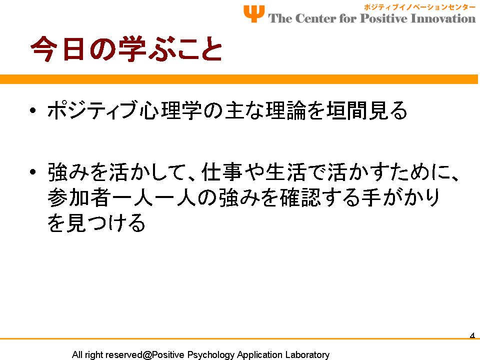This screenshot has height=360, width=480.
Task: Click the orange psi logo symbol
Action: click(x=254, y=14)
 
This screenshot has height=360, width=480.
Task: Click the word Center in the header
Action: click(x=315, y=18)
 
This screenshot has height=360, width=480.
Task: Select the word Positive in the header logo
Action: click(x=384, y=18)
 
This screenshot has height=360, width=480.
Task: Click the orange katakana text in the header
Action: click(x=419, y=7)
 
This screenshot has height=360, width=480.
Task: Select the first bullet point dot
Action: click(x=33, y=110)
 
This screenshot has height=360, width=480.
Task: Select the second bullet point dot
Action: click(x=33, y=172)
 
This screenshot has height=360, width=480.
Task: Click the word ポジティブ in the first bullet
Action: click(x=92, y=110)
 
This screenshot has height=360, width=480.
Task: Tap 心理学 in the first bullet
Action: click(x=170, y=110)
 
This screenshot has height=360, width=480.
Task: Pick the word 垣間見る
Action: click(x=366, y=110)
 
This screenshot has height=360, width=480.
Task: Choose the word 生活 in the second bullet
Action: click(x=285, y=172)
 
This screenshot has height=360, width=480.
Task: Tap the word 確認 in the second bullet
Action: click(x=300, y=197)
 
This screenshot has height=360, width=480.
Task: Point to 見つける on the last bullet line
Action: click(x=105, y=222)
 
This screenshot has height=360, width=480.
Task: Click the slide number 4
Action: click(x=472, y=335)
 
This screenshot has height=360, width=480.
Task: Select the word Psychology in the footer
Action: click(x=210, y=355)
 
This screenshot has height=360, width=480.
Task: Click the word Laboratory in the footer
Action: click(x=307, y=355)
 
